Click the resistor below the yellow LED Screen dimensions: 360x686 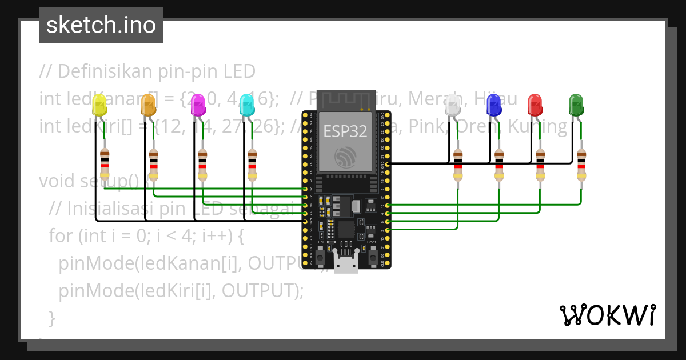coord(105,165)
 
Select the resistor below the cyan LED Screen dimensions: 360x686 coord(252,165)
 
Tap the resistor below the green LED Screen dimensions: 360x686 coord(581,165)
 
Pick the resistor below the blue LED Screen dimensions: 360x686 coord(499,165)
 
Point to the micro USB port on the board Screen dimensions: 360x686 coord(346,265)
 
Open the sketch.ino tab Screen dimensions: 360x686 coord(101,25)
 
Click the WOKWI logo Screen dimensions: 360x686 coord(607,315)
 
